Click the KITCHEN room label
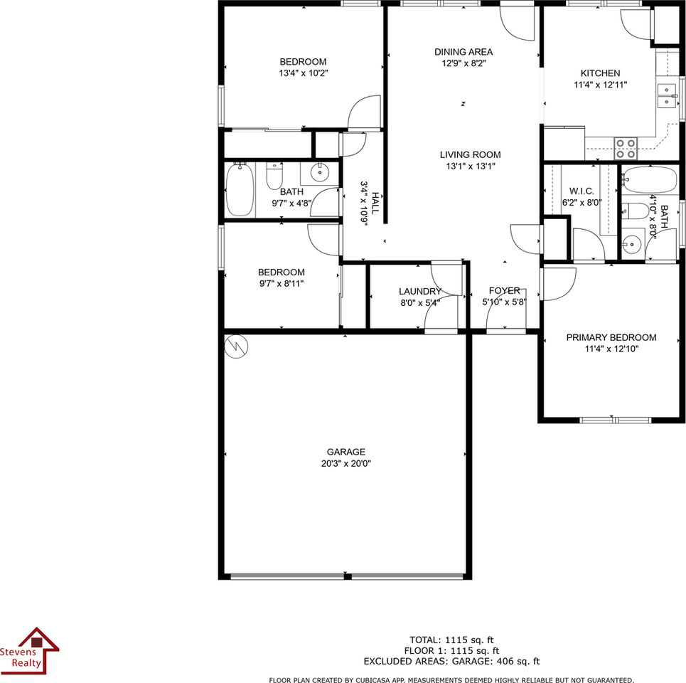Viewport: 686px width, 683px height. click(x=600, y=73)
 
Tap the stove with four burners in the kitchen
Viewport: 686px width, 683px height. click(x=626, y=148)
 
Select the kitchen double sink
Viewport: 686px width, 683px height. click(x=667, y=95)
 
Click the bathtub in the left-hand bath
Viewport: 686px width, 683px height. click(x=240, y=189)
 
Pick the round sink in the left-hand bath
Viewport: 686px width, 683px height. click(x=319, y=171)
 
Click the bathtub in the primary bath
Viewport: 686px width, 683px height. click(x=650, y=179)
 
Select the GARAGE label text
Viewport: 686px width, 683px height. click(x=346, y=452)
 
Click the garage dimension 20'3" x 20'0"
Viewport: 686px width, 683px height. click(x=346, y=463)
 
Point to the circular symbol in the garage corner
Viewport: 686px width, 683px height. click(x=235, y=346)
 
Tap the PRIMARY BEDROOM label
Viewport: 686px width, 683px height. click(x=611, y=337)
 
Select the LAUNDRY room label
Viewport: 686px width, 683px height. click(x=419, y=291)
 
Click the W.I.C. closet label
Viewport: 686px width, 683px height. click(x=582, y=191)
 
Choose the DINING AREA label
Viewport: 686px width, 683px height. click(x=463, y=52)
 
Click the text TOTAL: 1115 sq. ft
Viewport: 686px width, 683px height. click(x=451, y=639)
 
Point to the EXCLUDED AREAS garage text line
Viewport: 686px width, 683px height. click(x=451, y=661)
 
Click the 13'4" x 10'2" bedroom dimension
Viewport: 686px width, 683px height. click(x=303, y=73)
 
